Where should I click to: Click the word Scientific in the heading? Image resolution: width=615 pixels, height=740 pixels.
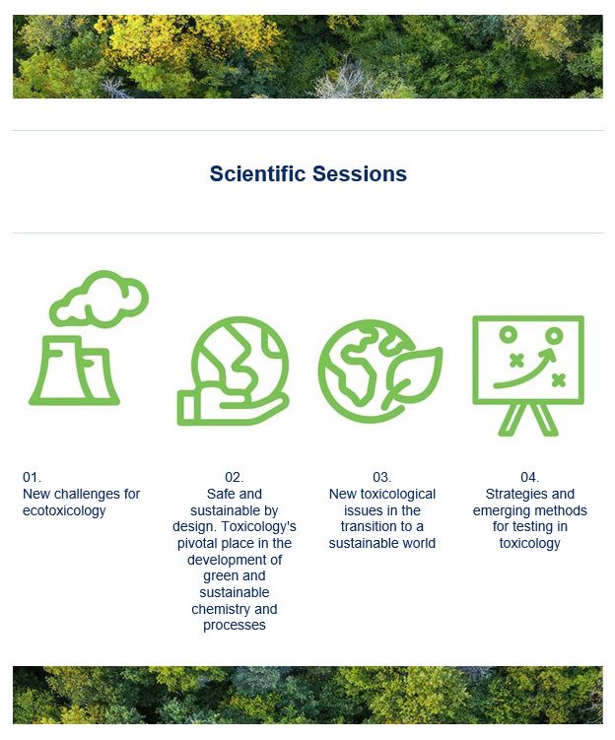point(257,173)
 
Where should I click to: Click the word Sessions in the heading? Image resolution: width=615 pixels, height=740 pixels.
point(360,173)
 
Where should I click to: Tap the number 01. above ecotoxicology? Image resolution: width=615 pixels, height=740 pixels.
point(32,477)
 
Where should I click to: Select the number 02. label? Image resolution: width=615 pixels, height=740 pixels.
point(235,477)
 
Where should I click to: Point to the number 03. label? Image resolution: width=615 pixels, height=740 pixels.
point(381,477)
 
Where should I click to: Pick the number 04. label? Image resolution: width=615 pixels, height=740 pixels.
point(529,477)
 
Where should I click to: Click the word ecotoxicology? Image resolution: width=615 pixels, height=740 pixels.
point(64,511)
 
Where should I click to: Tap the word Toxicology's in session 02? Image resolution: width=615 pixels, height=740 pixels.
point(258,527)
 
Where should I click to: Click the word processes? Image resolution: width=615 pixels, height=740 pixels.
point(235,626)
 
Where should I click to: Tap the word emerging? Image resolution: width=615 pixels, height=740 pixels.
point(503,511)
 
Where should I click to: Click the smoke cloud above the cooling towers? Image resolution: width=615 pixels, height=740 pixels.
point(100,299)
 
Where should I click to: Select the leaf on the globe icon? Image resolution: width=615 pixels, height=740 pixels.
point(412,377)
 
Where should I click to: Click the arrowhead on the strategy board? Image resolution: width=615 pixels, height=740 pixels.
point(549,354)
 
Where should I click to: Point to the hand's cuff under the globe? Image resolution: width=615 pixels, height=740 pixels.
point(188,409)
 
